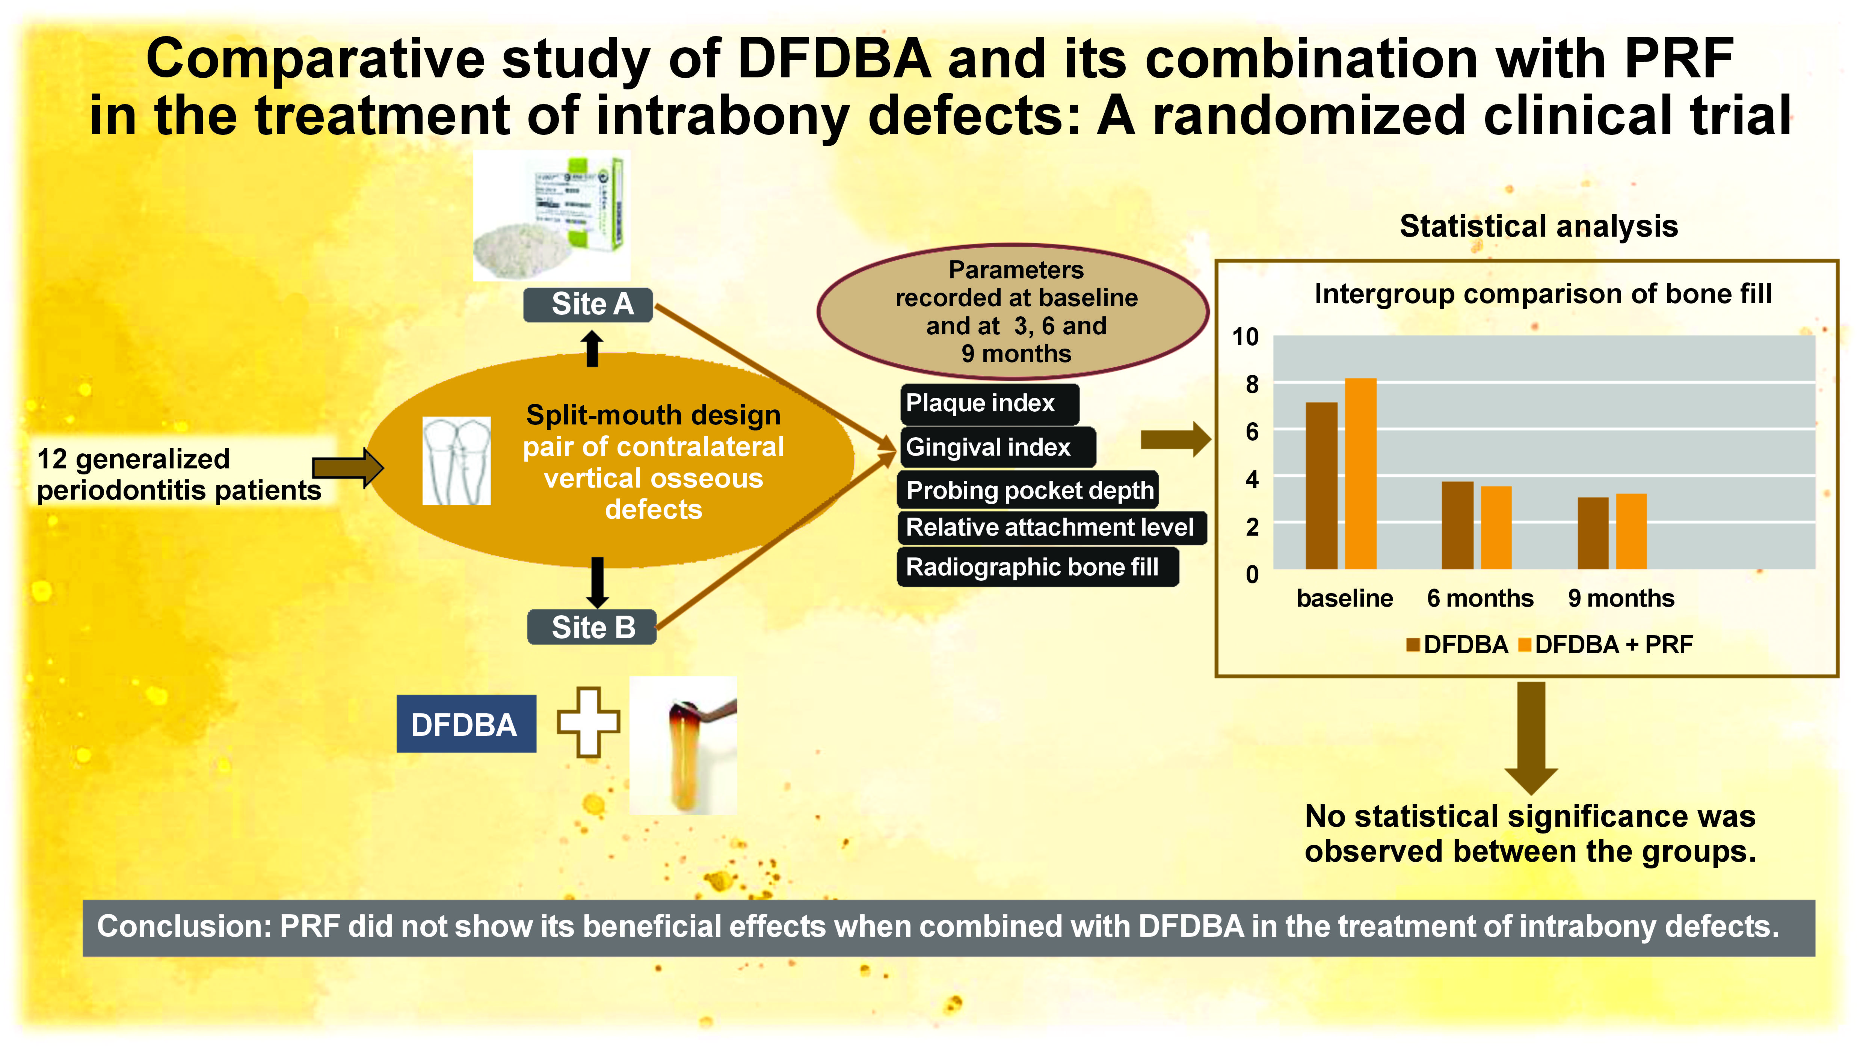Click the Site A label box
pos(588,305)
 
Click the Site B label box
pos(592,627)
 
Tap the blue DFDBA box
pos(466,724)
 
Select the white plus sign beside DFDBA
pos(588,722)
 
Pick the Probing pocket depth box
pos(1028,490)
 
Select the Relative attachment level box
pos(1051,527)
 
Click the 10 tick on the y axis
pos(1246,337)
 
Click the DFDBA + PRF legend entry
pos(1606,645)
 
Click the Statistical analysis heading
pos(1538,227)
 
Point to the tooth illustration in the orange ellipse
pos(456,461)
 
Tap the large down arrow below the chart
pos(1531,738)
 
